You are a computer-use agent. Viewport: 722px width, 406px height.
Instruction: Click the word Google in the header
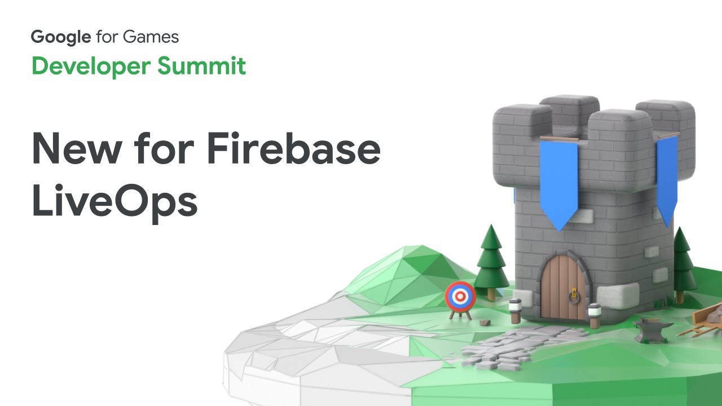coord(61,37)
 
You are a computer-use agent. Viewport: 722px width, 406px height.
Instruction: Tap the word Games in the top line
coord(151,37)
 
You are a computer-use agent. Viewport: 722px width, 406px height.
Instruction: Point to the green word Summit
coord(201,66)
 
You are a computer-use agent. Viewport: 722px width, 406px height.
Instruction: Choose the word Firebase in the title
coord(294,148)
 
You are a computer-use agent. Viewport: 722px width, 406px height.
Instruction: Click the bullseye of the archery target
coord(460,296)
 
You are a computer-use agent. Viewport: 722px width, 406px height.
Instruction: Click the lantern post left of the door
coord(515,311)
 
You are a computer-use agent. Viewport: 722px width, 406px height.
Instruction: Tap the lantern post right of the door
coord(594,315)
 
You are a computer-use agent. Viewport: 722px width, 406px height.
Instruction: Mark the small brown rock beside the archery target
coord(485,322)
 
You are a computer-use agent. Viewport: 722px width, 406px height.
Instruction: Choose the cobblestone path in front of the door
coord(519,346)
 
